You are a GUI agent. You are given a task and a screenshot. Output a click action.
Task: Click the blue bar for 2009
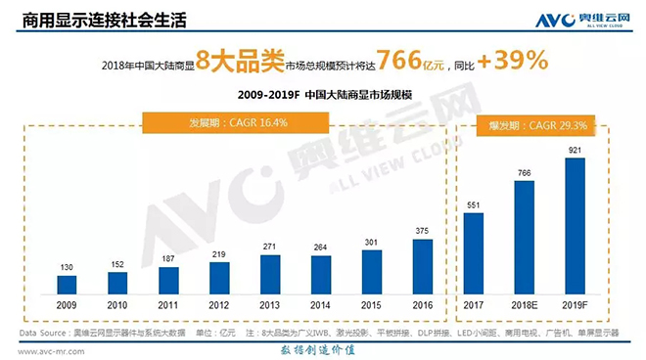[x=67, y=285]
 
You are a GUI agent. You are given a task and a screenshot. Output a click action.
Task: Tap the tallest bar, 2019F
[x=576, y=226]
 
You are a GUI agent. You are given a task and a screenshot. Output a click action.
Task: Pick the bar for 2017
[x=473, y=253]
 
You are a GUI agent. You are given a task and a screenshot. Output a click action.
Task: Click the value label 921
[x=576, y=151]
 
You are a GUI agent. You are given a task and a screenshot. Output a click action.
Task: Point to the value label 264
[x=320, y=247]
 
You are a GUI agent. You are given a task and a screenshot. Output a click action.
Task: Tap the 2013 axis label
[x=269, y=305]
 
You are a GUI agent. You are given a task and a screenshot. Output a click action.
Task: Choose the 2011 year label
[x=168, y=305]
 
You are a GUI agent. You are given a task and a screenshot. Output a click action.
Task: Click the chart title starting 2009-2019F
[x=322, y=96]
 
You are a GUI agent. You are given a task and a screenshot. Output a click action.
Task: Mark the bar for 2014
[x=320, y=276]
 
